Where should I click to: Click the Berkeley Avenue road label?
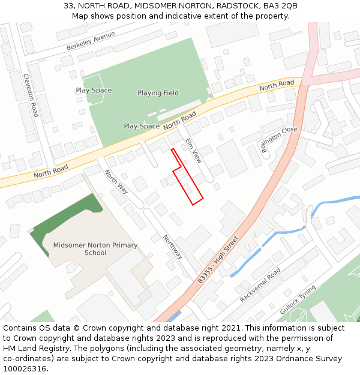point(91,41)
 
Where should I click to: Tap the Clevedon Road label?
point(31,95)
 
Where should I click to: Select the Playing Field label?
point(158,93)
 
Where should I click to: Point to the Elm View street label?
point(193,151)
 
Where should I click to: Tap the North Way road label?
point(116,182)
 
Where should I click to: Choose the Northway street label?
point(173,246)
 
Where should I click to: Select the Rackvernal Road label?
point(260,285)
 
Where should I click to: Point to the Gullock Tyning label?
point(298,300)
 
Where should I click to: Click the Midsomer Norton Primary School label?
point(95,249)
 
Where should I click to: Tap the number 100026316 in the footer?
point(25,368)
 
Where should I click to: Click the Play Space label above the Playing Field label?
point(94,91)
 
